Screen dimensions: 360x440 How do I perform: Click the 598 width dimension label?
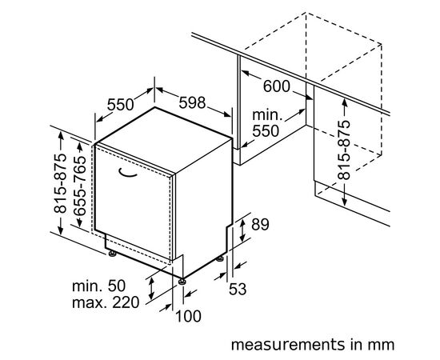click(192, 103)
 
